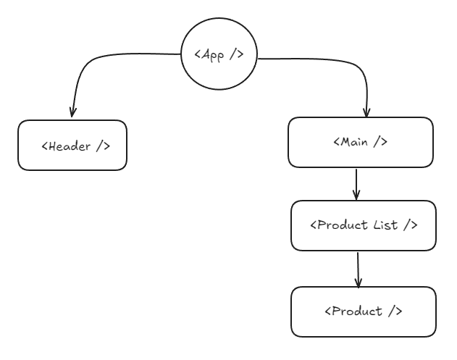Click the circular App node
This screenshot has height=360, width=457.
tap(219, 56)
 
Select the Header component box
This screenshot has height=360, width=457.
tap(72, 146)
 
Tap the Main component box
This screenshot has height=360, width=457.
tap(361, 142)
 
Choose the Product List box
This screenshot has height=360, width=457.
tap(363, 225)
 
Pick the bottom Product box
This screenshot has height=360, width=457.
tap(363, 311)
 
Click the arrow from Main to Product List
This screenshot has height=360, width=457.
tap(356, 184)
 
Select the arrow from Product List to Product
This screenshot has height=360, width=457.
tap(358, 268)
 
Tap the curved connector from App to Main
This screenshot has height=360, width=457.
tap(333, 62)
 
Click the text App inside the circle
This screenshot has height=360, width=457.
tap(215, 56)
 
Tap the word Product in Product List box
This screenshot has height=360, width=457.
tap(342, 225)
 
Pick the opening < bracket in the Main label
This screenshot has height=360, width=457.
tap(337, 142)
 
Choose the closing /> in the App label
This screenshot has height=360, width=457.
tap(236, 56)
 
